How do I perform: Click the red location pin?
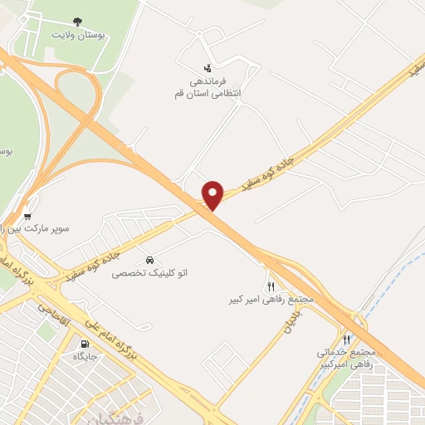click(x=213, y=195)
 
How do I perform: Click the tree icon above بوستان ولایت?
click(x=77, y=22)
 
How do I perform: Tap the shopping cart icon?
click(x=27, y=215)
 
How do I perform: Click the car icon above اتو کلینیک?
click(x=149, y=258)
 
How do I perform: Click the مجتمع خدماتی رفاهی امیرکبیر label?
click(x=347, y=358)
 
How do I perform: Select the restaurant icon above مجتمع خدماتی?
click(x=347, y=340)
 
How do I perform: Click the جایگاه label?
click(x=85, y=356)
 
